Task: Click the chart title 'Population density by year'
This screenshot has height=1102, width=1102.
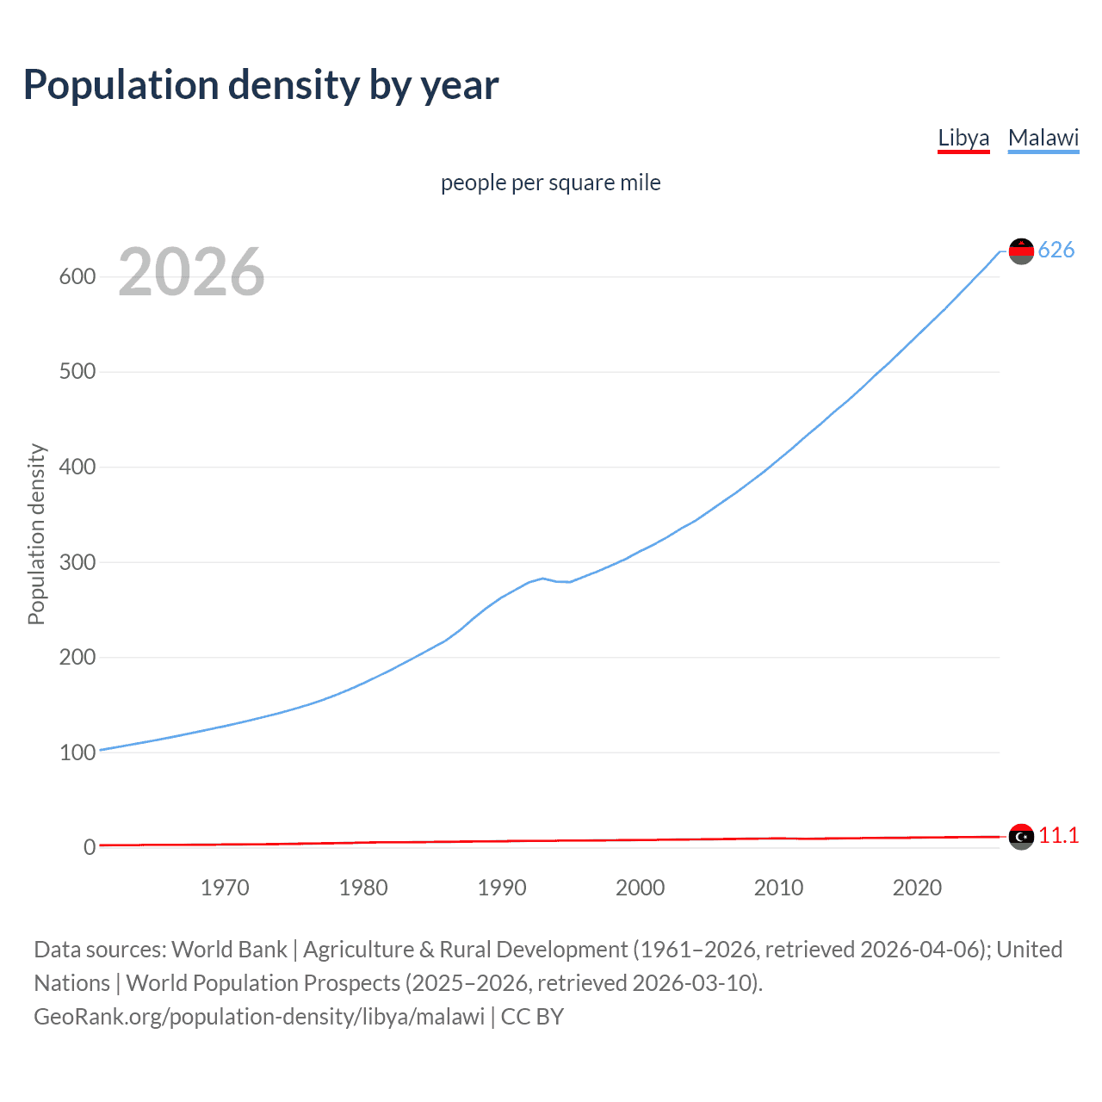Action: click(x=261, y=85)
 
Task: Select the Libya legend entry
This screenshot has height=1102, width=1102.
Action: click(x=963, y=138)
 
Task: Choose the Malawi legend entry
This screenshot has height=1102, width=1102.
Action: click(x=1043, y=138)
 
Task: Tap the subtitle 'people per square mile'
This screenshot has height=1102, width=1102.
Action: click(x=551, y=183)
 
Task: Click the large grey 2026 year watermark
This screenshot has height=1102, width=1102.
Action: click(x=191, y=272)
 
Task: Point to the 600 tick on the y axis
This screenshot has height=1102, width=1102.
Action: click(x=77, y=276)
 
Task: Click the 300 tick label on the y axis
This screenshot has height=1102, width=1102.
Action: click(x=77, y=562)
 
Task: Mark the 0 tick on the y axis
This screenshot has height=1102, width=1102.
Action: click(x=90, y=847)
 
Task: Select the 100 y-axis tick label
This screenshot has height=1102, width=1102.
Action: click(x=77, y=752)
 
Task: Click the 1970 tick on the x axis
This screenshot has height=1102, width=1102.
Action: click(x=225, y=888)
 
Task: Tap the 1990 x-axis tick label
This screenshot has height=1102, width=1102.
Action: click(x=502, y=888)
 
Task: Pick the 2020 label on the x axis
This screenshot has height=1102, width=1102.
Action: click(x=917, y=888)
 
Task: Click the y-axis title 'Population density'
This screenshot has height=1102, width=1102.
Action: click(x=36, y=534)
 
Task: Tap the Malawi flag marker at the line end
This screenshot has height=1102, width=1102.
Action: click(x=1021, y=251)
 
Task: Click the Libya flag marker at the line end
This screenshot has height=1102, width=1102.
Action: click(x=1021, y=836)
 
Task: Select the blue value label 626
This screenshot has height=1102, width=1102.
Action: click(x=1056, y=250)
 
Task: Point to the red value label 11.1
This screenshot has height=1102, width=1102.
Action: click(x=1058, y=835)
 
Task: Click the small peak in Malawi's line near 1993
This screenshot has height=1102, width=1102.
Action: click(x=542, y=579)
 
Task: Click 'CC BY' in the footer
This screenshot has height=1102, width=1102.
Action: click(x=532, y=1017)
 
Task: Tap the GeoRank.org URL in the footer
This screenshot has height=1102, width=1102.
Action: click(x=259, y=1017)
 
